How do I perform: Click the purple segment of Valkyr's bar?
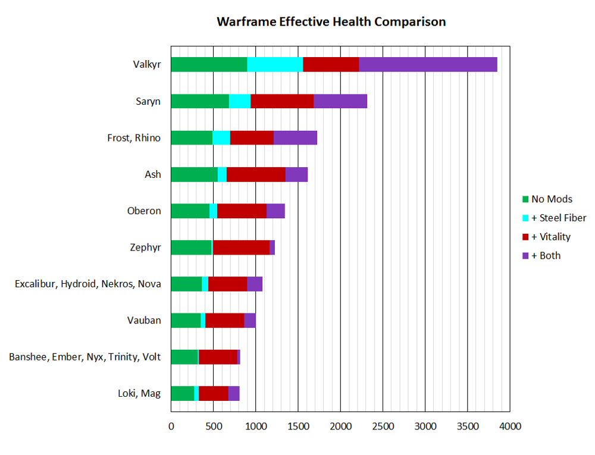pyautogui.click(x=428, y=64)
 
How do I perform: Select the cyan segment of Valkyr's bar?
pyautogui.click(x=275, y=64)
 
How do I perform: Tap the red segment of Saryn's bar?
pyautogui.click(x=282, y=101)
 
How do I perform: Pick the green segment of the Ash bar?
pyautogui.click(x=194, y=174)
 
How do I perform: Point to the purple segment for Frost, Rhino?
pyautogui.click(x=295, y=137)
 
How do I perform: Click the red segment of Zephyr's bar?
pyautogui.click(x=241, y=247)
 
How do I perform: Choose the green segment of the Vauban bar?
pyautogui.click(x=186, y=321)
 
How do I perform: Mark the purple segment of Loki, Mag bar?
pyautogui.click(x=234, y=394)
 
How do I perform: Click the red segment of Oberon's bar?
pyautogui.click(x=242, y=211)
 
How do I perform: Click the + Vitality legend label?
pyautogui.click(x=550, y=237)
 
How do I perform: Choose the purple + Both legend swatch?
pyautogui.click(x=525, y=256)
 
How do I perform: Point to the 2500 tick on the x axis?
pyautogui.click(x=383, y=426)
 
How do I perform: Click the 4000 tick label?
pyautogui.click(x=509, y=426)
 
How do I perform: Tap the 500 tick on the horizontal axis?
pyautogui.click(x=213, y=426)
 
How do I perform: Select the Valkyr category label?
pyautogui.click(x=147, y=65)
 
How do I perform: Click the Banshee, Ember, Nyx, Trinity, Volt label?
pyautogui.click(x=84, y=357)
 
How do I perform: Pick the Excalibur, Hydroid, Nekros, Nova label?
pyautogui.click(x=87, y=284)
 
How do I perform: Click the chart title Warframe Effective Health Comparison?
pyautogui.click(x=331, y=22)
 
